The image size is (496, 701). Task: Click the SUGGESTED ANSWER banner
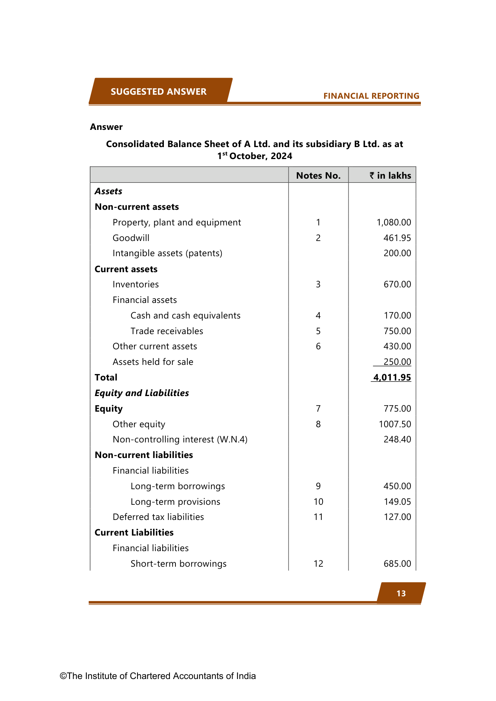(159, 92)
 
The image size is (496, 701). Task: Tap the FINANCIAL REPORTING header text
(371, 96)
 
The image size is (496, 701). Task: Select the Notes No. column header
(318, 175)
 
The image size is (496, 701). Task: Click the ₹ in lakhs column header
(390, 175)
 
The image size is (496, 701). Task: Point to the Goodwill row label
(131, 238)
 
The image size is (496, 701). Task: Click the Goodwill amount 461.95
(397, 238)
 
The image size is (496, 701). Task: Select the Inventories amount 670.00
(397, 284)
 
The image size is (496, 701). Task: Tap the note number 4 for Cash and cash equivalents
(318, 315)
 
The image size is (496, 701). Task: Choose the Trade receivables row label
(167, 331)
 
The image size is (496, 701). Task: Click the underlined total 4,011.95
(392, 377)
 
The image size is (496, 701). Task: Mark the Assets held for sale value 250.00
(397, 362)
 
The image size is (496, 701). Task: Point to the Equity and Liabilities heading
(141, 393)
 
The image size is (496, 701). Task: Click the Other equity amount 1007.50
(394, 424)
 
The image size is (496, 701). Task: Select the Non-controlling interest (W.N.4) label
(180, 439)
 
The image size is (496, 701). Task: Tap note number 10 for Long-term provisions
(318, 502)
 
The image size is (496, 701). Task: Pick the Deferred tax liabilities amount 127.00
(397, 517)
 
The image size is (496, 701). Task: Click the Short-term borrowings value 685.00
(397, 564)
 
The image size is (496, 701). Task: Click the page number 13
(401, 593)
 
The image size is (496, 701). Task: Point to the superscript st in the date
(225, 153)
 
